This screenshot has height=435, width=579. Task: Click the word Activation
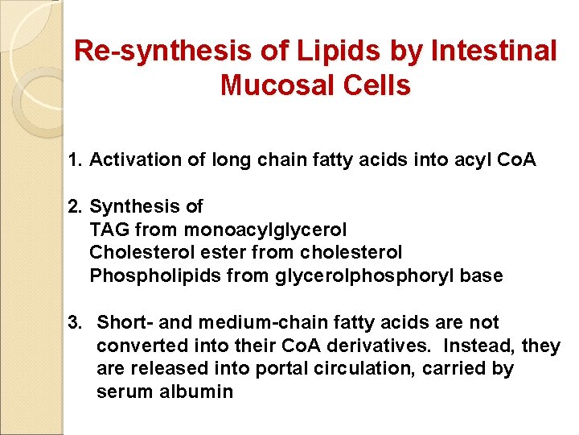129,160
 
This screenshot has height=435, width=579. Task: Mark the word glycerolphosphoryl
361,276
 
